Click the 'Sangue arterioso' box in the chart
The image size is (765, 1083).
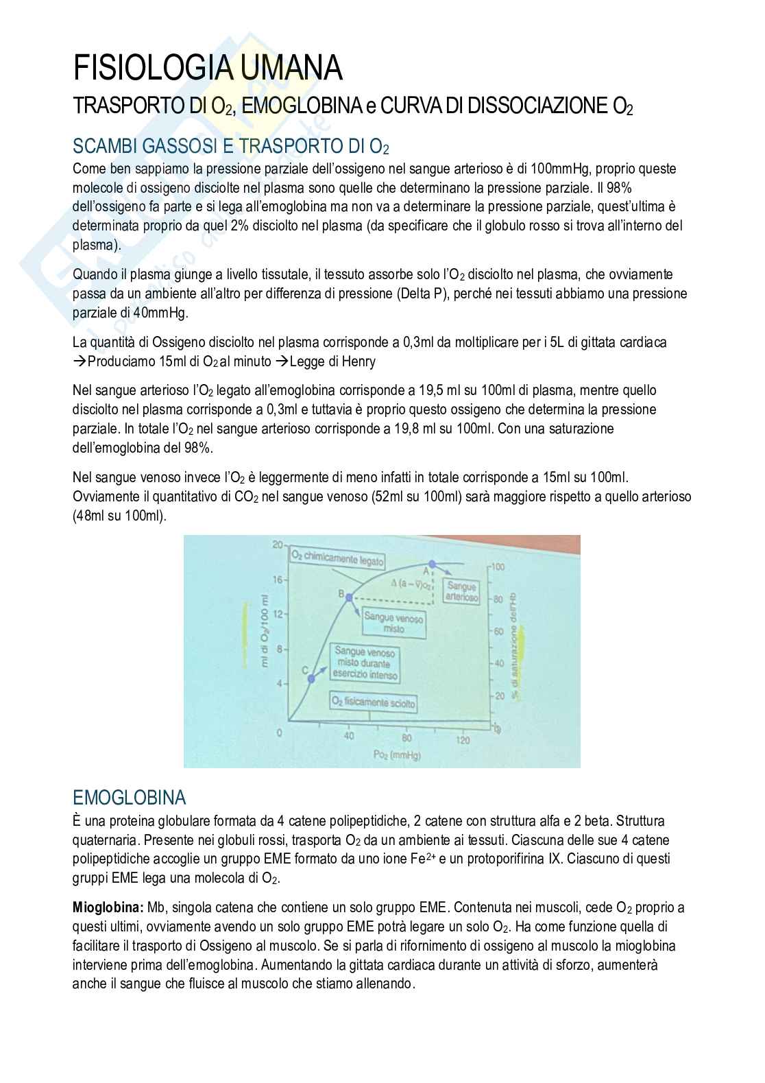(461, 591)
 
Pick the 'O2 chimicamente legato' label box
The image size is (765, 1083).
(337, 558)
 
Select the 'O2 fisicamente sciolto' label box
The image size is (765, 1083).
(373, 702)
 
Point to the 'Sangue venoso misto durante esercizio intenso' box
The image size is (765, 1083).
(365, 663)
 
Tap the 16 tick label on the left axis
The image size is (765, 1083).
(277, 580)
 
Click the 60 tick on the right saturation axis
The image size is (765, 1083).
(499, 631)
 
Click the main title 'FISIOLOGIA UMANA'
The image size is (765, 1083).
(208, 69)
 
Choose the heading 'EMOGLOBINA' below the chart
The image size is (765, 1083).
(129, 798)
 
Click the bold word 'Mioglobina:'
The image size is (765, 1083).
(108, 907)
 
